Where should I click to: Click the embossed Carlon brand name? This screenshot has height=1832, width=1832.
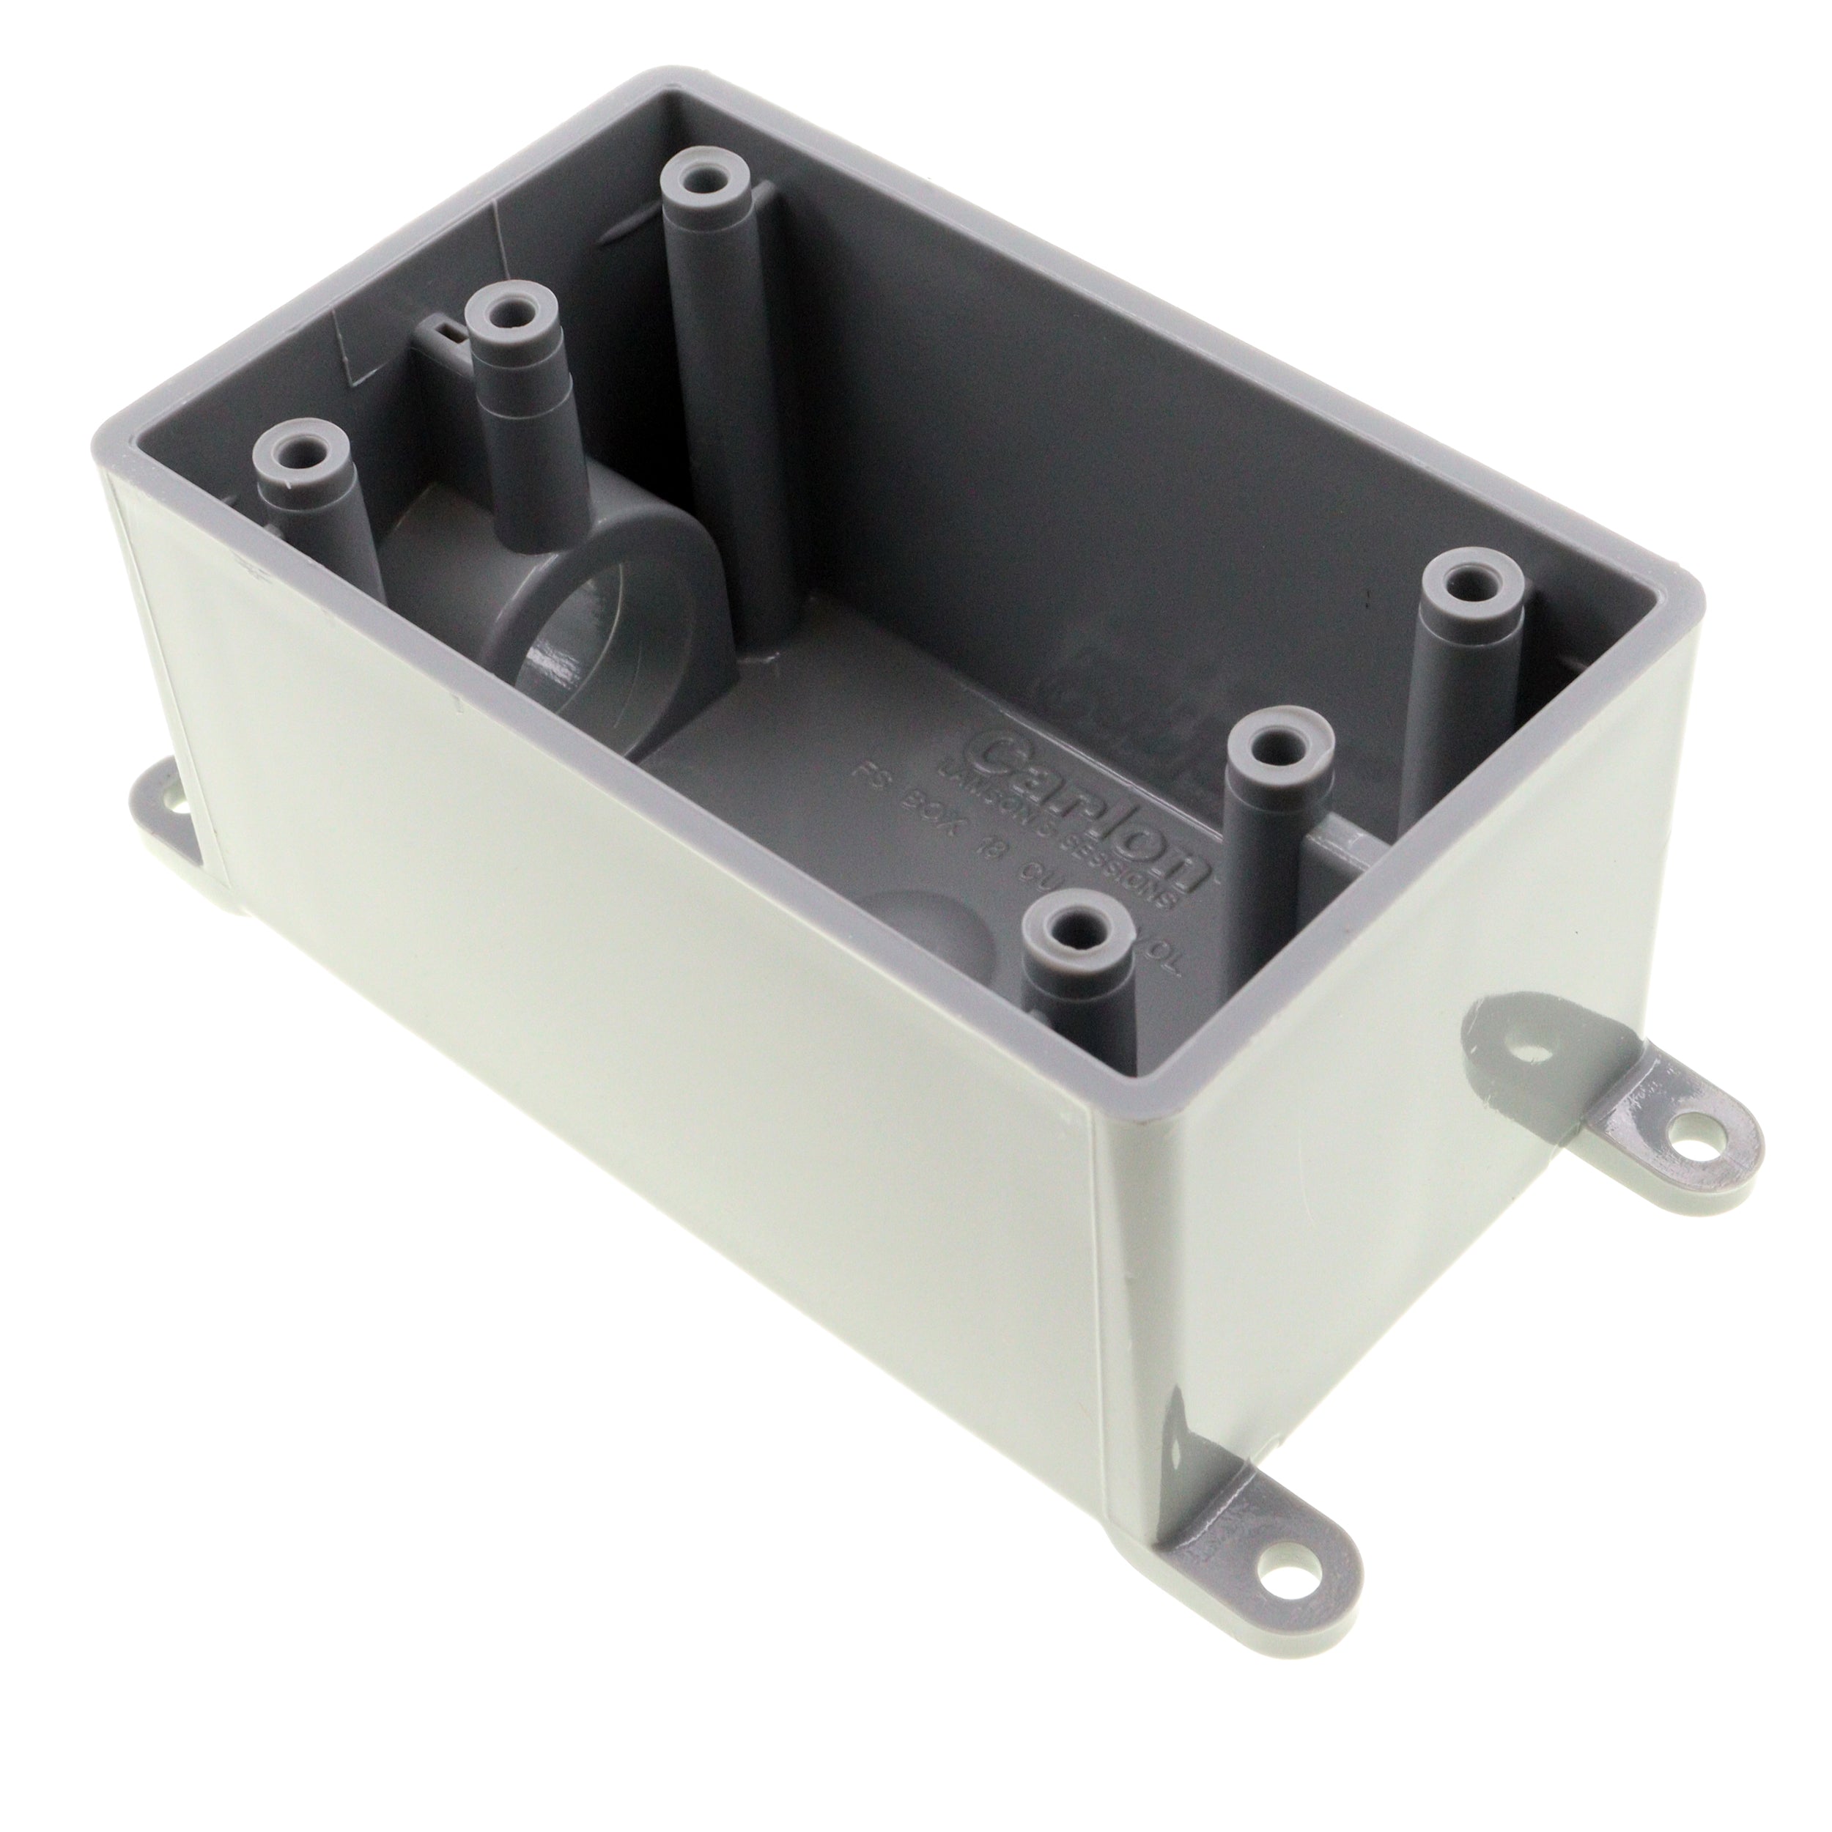[x=1096, y=807]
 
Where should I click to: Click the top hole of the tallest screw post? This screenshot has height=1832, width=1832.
[x=703, y=177]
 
